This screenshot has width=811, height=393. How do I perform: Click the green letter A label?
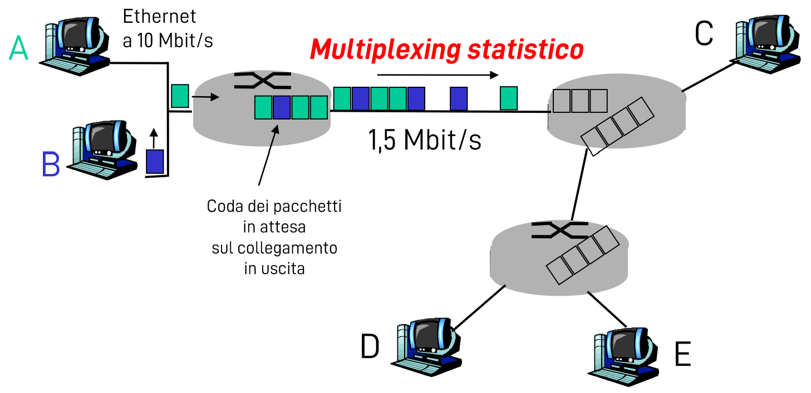(x=18, y=49)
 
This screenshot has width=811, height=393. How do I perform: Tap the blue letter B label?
(x=51, y=165)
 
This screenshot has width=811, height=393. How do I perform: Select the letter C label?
(x=704, y=34)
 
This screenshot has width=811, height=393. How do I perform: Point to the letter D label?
(x=370, y=347)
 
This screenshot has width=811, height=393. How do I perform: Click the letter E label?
(x=682, y=355)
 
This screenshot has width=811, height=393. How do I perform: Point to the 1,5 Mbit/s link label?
(x=424, y=141)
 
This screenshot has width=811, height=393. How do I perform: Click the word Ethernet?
(x=160, y=17)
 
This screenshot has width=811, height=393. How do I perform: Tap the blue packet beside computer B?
(x=155, y=162)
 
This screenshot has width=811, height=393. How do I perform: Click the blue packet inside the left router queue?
(x=282, y=107)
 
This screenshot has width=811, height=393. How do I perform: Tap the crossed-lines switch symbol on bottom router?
(x=559, y=230)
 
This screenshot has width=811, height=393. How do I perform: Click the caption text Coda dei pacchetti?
(x=274, y=207)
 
